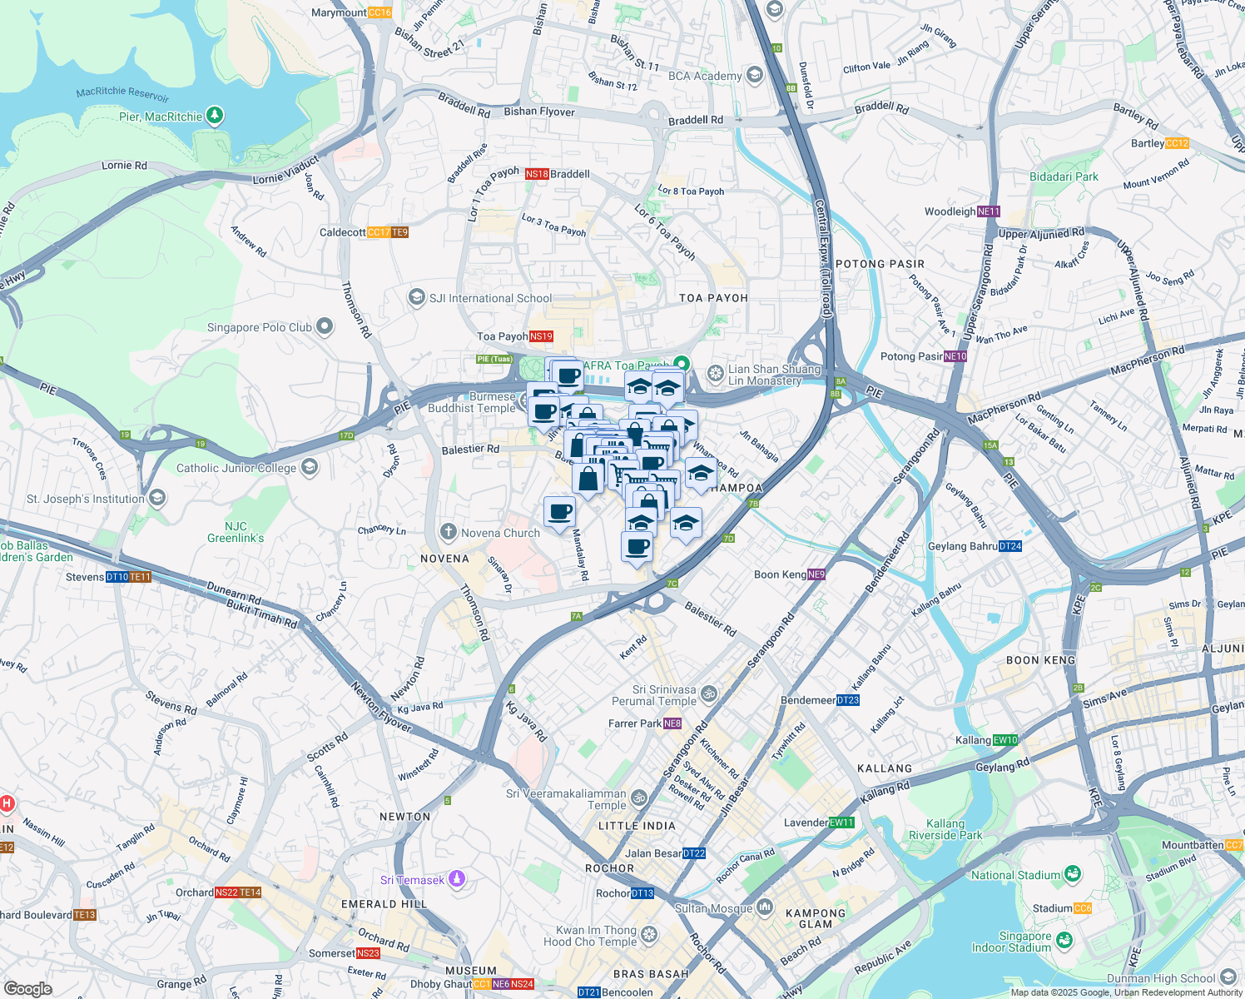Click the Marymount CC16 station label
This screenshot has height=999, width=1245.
click(x=351, y=12)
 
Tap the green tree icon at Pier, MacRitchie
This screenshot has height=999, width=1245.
click(x=215, y=115)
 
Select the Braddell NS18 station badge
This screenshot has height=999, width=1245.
click(x=537, y=174)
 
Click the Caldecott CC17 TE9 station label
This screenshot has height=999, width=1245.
click(x=364, y=232)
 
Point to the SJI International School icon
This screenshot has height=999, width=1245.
click(x=416, y=297)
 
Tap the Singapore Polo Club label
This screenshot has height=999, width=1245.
click(x=259, y=327)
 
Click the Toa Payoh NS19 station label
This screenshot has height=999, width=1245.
click(x=514, y=336)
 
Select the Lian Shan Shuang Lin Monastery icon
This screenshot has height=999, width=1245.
click(x=715, y=373)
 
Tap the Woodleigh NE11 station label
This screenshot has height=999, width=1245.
click(x=962, y=211)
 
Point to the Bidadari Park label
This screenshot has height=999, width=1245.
click(x=1064, y=176)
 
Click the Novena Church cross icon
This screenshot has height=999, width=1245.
click(x=448, y=532)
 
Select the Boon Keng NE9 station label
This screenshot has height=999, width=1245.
click(x=789, y=574)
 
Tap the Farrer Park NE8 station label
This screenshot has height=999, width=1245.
click(x=645, y=723)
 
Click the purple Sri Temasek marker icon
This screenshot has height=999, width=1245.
click(x=456, y=879)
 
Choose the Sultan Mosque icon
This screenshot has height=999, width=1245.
click(x=764, y=907)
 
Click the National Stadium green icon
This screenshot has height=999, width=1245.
click(x=1073, y=873)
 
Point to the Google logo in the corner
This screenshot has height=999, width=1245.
click(x=27, y=988)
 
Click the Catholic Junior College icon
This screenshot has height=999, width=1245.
click(x=310, y=467)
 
